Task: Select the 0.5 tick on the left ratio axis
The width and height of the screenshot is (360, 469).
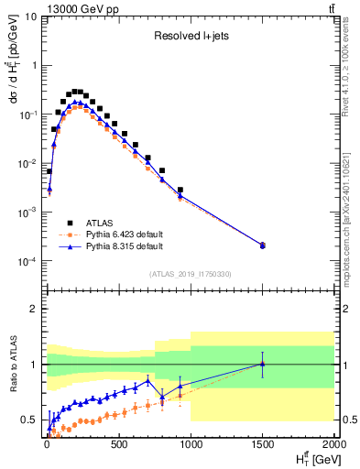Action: click(30, 420)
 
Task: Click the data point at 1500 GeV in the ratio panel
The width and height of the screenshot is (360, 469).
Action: click(263, 364)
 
